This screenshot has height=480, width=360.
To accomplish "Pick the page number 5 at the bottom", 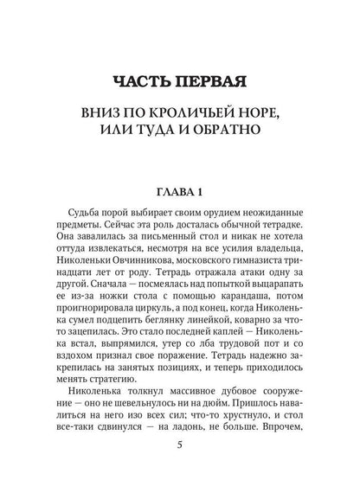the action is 179,447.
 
